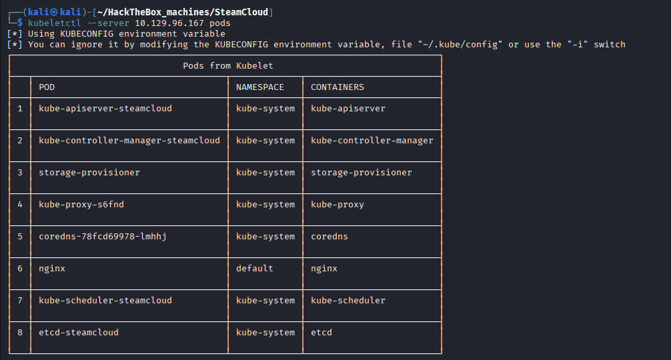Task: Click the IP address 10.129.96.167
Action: pos(169,23)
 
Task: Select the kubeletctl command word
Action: pos(54,23)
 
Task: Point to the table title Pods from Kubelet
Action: pos(227,66)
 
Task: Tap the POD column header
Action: pos(47,87)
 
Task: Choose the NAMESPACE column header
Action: pos(259,87)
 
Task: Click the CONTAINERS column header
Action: pos(338,87)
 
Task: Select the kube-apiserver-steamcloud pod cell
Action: pos(105,109)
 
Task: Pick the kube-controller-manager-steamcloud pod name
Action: pos(129,141)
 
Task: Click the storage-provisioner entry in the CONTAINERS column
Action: pos(361,173)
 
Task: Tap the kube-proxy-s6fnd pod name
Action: pos(81,205)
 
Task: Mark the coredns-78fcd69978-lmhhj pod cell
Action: pos(103,237)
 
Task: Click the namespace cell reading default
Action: pos(255,269)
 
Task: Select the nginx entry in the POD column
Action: pos(52,269)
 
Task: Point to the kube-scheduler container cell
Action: pos(348,301)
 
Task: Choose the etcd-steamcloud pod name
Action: pos(79,333)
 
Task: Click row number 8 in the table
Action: pos(20,333)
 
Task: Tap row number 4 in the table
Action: pos(20,205)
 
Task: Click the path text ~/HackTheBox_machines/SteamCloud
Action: pos(183,13)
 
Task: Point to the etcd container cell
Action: pos(321,333)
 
